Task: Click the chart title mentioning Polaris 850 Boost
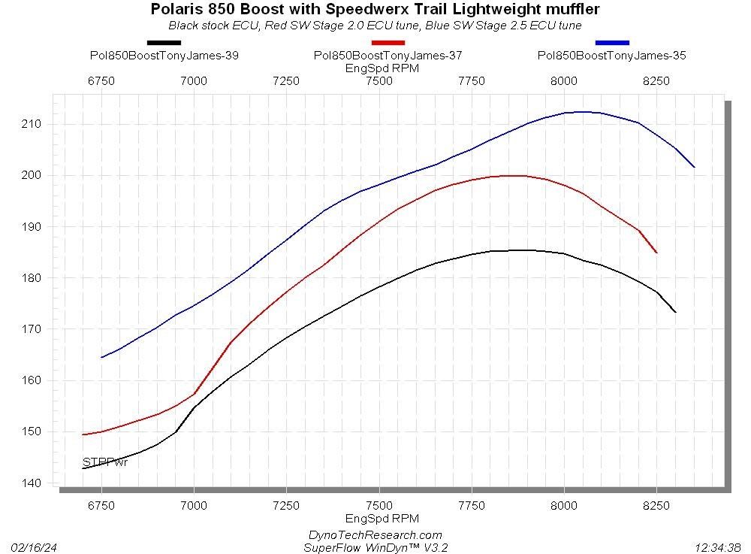coord(375,9)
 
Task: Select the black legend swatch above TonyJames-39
coord(164,43)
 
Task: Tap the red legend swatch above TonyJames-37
coord(388,43)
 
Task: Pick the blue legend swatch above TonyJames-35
coord(612,43)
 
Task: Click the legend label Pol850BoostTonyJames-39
coord(164,55)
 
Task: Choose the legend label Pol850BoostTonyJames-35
coord(612,55)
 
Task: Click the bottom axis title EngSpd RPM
coord(382,519)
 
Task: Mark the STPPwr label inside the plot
coord(104,462)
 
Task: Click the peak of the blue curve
coord(582,112)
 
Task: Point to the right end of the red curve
coord(656,253)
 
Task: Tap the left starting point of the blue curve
coord(101,357)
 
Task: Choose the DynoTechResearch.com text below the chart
coord(375,534)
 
